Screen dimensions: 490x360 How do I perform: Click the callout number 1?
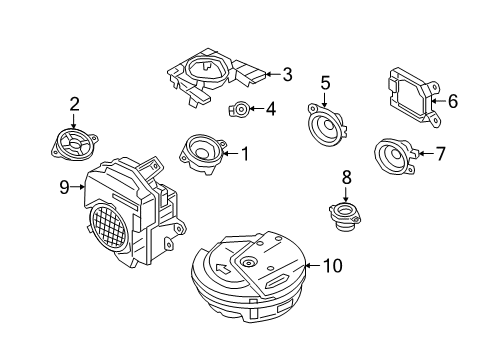pos(245,154)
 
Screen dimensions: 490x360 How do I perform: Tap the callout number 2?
pos(74,104)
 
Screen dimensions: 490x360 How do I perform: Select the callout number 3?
pos(287,74)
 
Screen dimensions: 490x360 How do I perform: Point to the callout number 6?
pos(453,101)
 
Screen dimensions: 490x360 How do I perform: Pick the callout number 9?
pos(64,187)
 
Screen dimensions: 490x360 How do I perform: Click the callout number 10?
pos(333,266)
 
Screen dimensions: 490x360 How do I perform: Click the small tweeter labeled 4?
pos(239,109)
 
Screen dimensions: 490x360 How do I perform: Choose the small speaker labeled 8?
pos(345,216)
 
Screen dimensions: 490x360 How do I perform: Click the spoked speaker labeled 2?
pos(74,144)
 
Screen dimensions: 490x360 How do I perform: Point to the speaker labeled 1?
pos(202,153)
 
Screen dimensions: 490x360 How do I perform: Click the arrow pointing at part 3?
pos(274,74)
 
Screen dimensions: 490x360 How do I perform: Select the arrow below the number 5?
pos(325,100)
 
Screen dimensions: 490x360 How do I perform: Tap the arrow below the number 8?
pos(346,194)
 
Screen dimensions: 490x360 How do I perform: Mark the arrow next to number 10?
pos(313,266)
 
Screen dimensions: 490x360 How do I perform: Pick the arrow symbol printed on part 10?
pos(223,268)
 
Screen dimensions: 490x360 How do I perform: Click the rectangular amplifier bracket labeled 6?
pos(414,97)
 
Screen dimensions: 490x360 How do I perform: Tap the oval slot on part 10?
pos(277,282)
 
